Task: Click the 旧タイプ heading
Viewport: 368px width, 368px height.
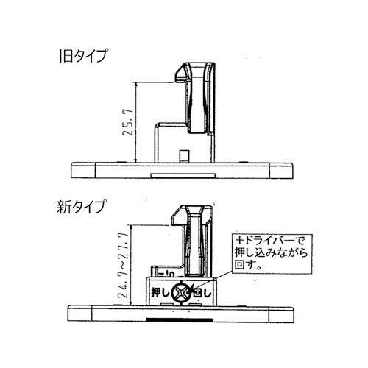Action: tap(82, 55)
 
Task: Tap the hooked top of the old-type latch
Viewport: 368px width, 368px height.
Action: tap(184, 71)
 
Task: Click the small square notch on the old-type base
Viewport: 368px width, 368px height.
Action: tap(183, 155)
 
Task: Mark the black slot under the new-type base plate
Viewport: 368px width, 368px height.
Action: tap(178, 321)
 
